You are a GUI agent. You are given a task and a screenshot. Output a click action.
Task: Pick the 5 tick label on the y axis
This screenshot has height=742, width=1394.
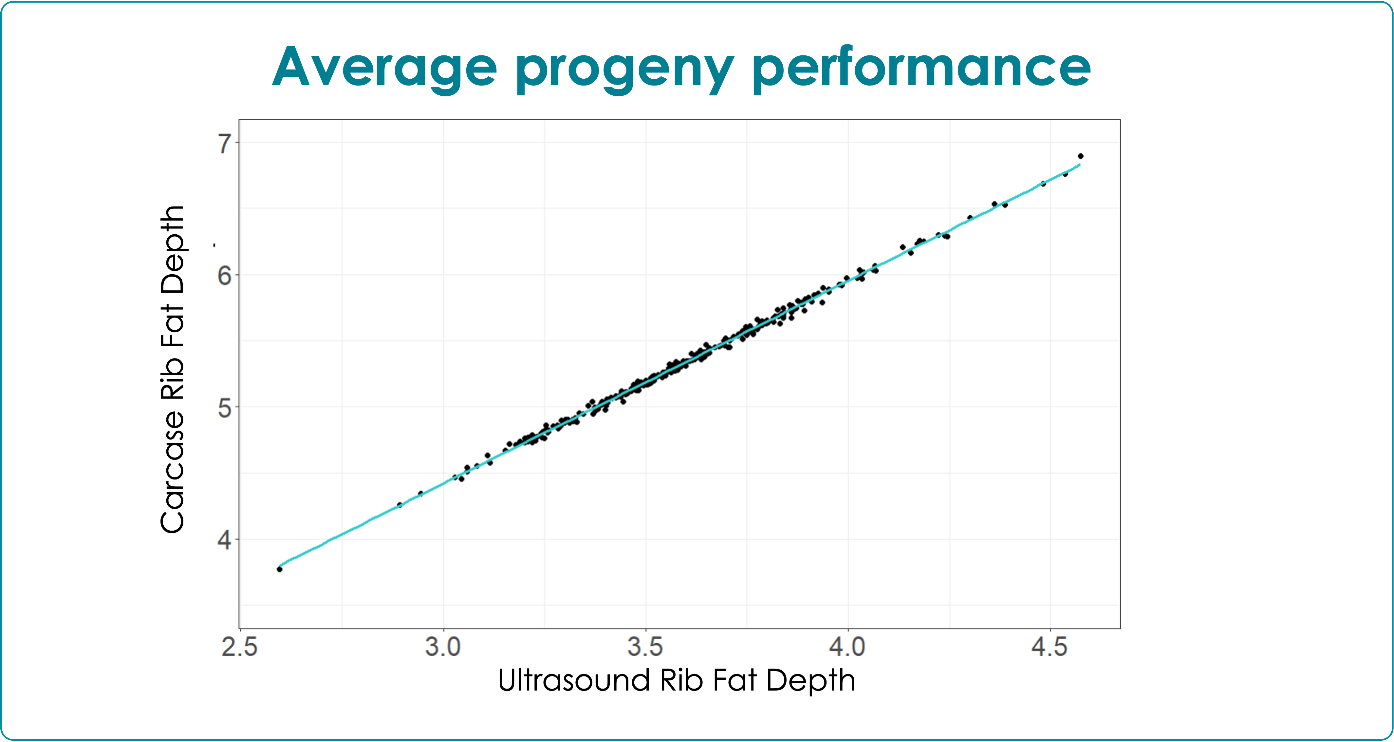tap(225, 408)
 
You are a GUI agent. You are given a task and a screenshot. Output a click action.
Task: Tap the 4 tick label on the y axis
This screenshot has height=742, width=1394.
tap(225, 540)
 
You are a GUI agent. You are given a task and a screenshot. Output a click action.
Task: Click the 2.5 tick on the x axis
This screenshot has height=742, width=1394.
tap(240, 648)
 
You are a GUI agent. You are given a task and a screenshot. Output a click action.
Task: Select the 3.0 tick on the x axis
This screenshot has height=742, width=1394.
tap(443, 648)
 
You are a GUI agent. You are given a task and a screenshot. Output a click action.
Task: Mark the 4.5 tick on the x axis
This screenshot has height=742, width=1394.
tap(1050, 648)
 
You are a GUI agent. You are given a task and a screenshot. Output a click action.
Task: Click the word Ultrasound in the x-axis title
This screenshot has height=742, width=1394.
tap(574, 680)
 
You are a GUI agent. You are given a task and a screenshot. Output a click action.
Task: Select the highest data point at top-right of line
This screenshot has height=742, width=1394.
tap(1081, 156)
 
